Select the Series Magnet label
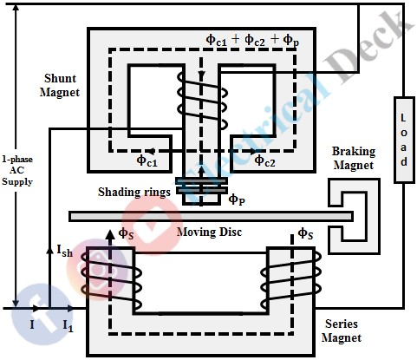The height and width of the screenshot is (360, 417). click(379, 330)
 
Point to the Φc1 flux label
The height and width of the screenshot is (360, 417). click(148, 160)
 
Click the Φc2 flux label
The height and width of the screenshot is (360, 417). click(266, 160)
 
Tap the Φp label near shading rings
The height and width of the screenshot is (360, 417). click(237, 200)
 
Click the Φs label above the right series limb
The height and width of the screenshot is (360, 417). click(305, 232)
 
